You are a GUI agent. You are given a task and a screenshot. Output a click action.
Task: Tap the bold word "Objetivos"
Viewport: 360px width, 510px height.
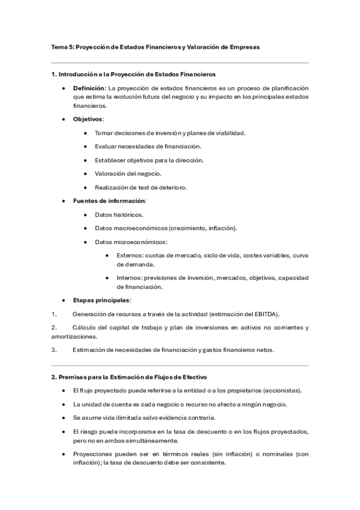point(88,119)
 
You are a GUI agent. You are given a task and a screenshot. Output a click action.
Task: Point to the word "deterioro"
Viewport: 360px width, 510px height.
point(172,187)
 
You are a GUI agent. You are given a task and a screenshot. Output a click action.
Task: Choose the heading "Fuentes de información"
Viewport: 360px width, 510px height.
point(109,200)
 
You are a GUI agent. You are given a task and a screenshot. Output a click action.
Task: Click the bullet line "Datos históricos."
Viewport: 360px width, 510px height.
point(119,214)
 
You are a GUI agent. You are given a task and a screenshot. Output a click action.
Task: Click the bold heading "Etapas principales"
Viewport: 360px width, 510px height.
point(101,300)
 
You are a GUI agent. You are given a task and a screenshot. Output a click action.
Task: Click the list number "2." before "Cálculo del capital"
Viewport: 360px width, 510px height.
point(54,327)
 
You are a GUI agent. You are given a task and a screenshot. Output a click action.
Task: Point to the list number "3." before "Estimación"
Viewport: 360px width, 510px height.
point(54,349)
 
